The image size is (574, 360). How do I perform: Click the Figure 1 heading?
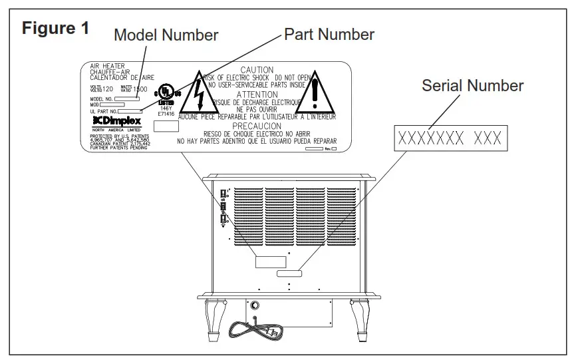(x=56, y=29)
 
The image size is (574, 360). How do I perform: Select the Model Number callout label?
(x=166, y=35)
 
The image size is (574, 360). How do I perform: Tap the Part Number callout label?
(x=329, y=34)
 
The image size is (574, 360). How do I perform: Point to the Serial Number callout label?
(x=472, y=86)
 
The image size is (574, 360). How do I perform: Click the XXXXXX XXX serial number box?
(x=450, y=138)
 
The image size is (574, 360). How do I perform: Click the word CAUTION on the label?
(x=257, y=70)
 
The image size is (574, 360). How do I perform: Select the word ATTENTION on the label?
(x=257, y=94)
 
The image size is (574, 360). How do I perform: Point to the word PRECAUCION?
(x=257, y=126)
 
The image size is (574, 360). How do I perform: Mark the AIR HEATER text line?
(x=106, y=67)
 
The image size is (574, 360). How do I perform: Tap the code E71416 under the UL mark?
(x=166, y=114)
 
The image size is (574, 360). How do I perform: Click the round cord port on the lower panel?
(x=253, y=307)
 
